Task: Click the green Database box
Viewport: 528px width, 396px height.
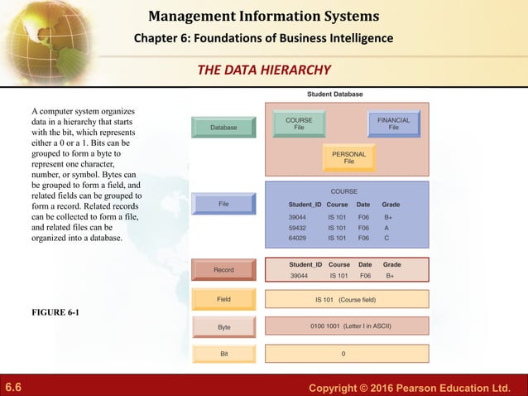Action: click(x=223, y=128)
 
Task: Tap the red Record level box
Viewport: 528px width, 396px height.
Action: click(x=223, y=270)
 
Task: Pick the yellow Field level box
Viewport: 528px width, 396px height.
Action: click(x=223, y=298)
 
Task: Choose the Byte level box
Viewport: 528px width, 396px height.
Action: click(x=223, y=326)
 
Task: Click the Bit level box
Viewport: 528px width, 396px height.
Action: click(x=223, y=354)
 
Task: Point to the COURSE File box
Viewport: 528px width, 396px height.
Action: click(x=299, y=124)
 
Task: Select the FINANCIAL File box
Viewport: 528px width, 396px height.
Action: click(x=393, y=124)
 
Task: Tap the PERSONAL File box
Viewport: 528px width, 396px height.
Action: click(x=348, y=157)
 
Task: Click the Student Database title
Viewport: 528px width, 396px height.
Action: click(x=334, y=94)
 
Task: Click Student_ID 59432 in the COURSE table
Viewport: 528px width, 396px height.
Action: click(x=298, y=227)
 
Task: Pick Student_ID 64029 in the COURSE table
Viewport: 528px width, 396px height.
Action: click(x=298, y=238)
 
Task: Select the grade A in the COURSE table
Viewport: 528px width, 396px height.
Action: click(x=386, y=227)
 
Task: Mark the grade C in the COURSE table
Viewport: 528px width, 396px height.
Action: click(x=386, y=238)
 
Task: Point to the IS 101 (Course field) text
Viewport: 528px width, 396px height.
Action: click(x=346, y=298)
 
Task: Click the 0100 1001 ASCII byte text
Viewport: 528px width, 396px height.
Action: click(x=346, y=326)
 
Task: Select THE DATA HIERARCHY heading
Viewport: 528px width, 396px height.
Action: click(x=264, y=70)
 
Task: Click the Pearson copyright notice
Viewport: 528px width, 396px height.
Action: click(x=410, y=387)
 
